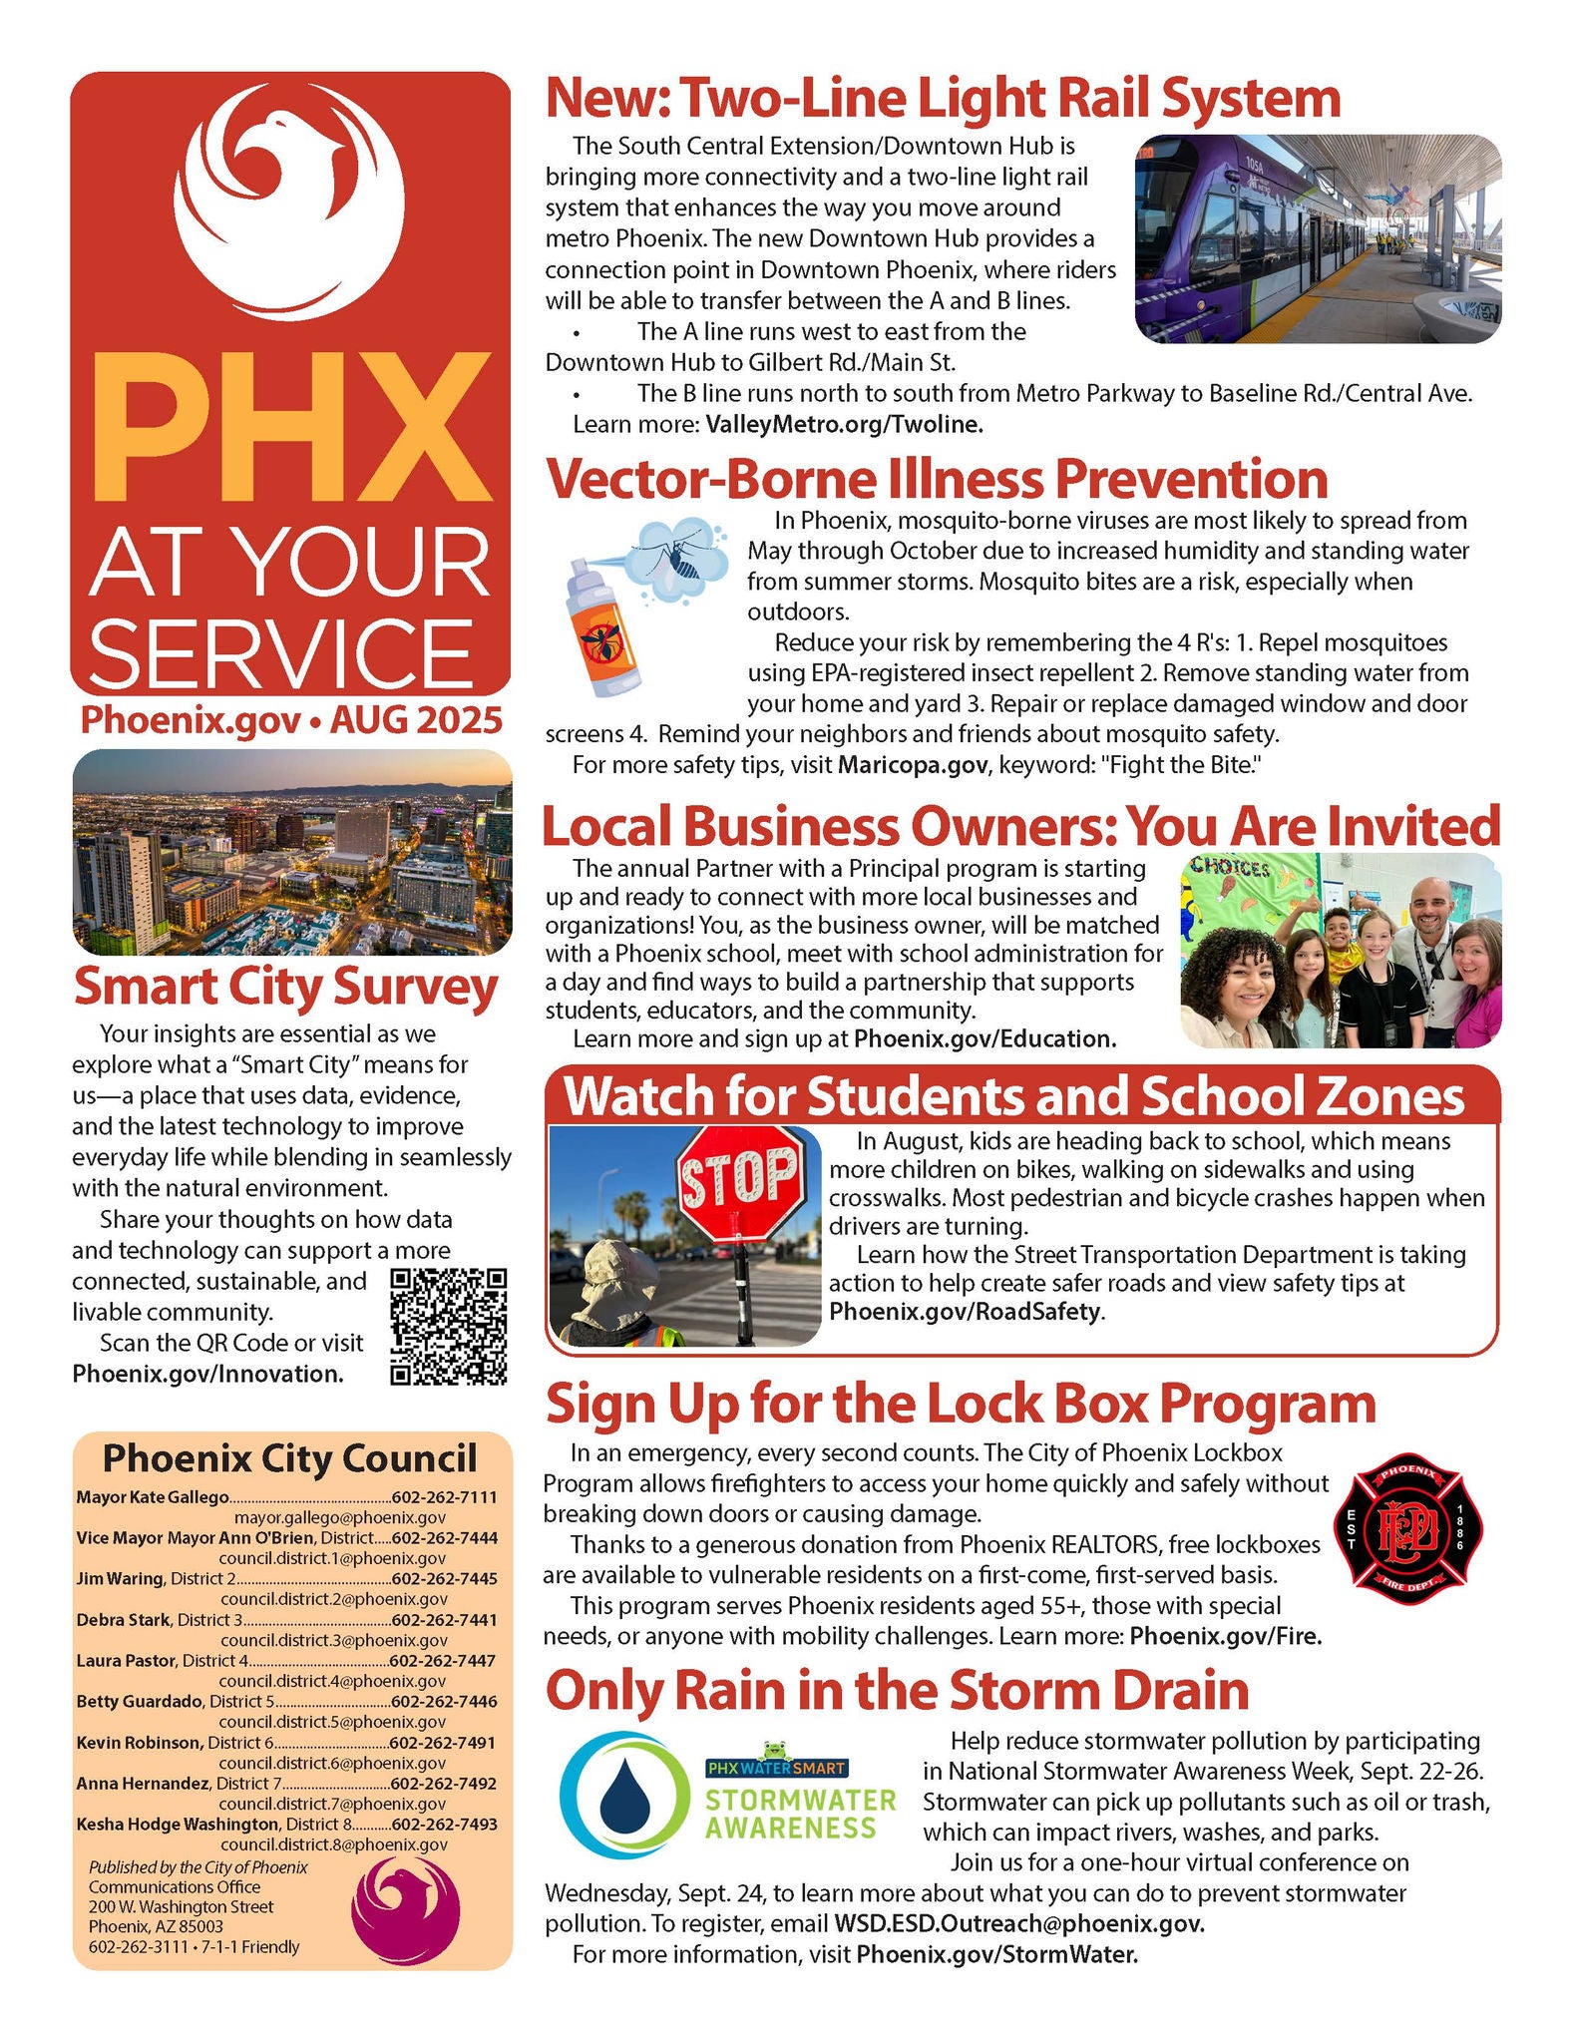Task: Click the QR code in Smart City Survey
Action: pos(449,1326)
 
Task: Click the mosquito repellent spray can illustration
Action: pos(604,628)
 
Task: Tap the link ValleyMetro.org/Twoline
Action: pos(844,424)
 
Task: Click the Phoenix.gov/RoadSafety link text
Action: pos(965,1311)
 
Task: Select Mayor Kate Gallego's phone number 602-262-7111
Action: pos(445,1497)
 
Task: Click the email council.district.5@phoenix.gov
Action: pos(332,1722)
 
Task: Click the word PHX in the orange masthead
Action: pos(290,429)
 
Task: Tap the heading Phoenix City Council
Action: pos(290,1457)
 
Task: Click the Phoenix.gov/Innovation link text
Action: pos(207,1374)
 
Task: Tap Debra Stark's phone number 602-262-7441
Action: pos(445,1620)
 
